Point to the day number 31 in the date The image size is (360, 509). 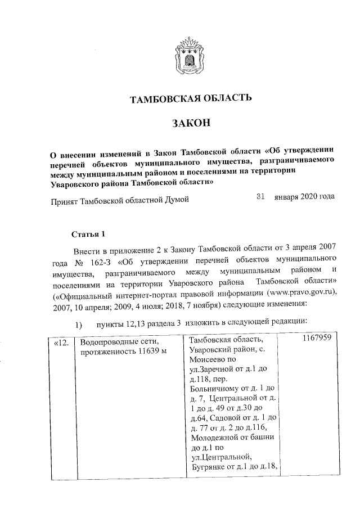[x=260, y=197]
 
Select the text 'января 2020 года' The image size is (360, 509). [x=304, y=197]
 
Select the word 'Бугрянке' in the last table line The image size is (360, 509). [x=206, y=469]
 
